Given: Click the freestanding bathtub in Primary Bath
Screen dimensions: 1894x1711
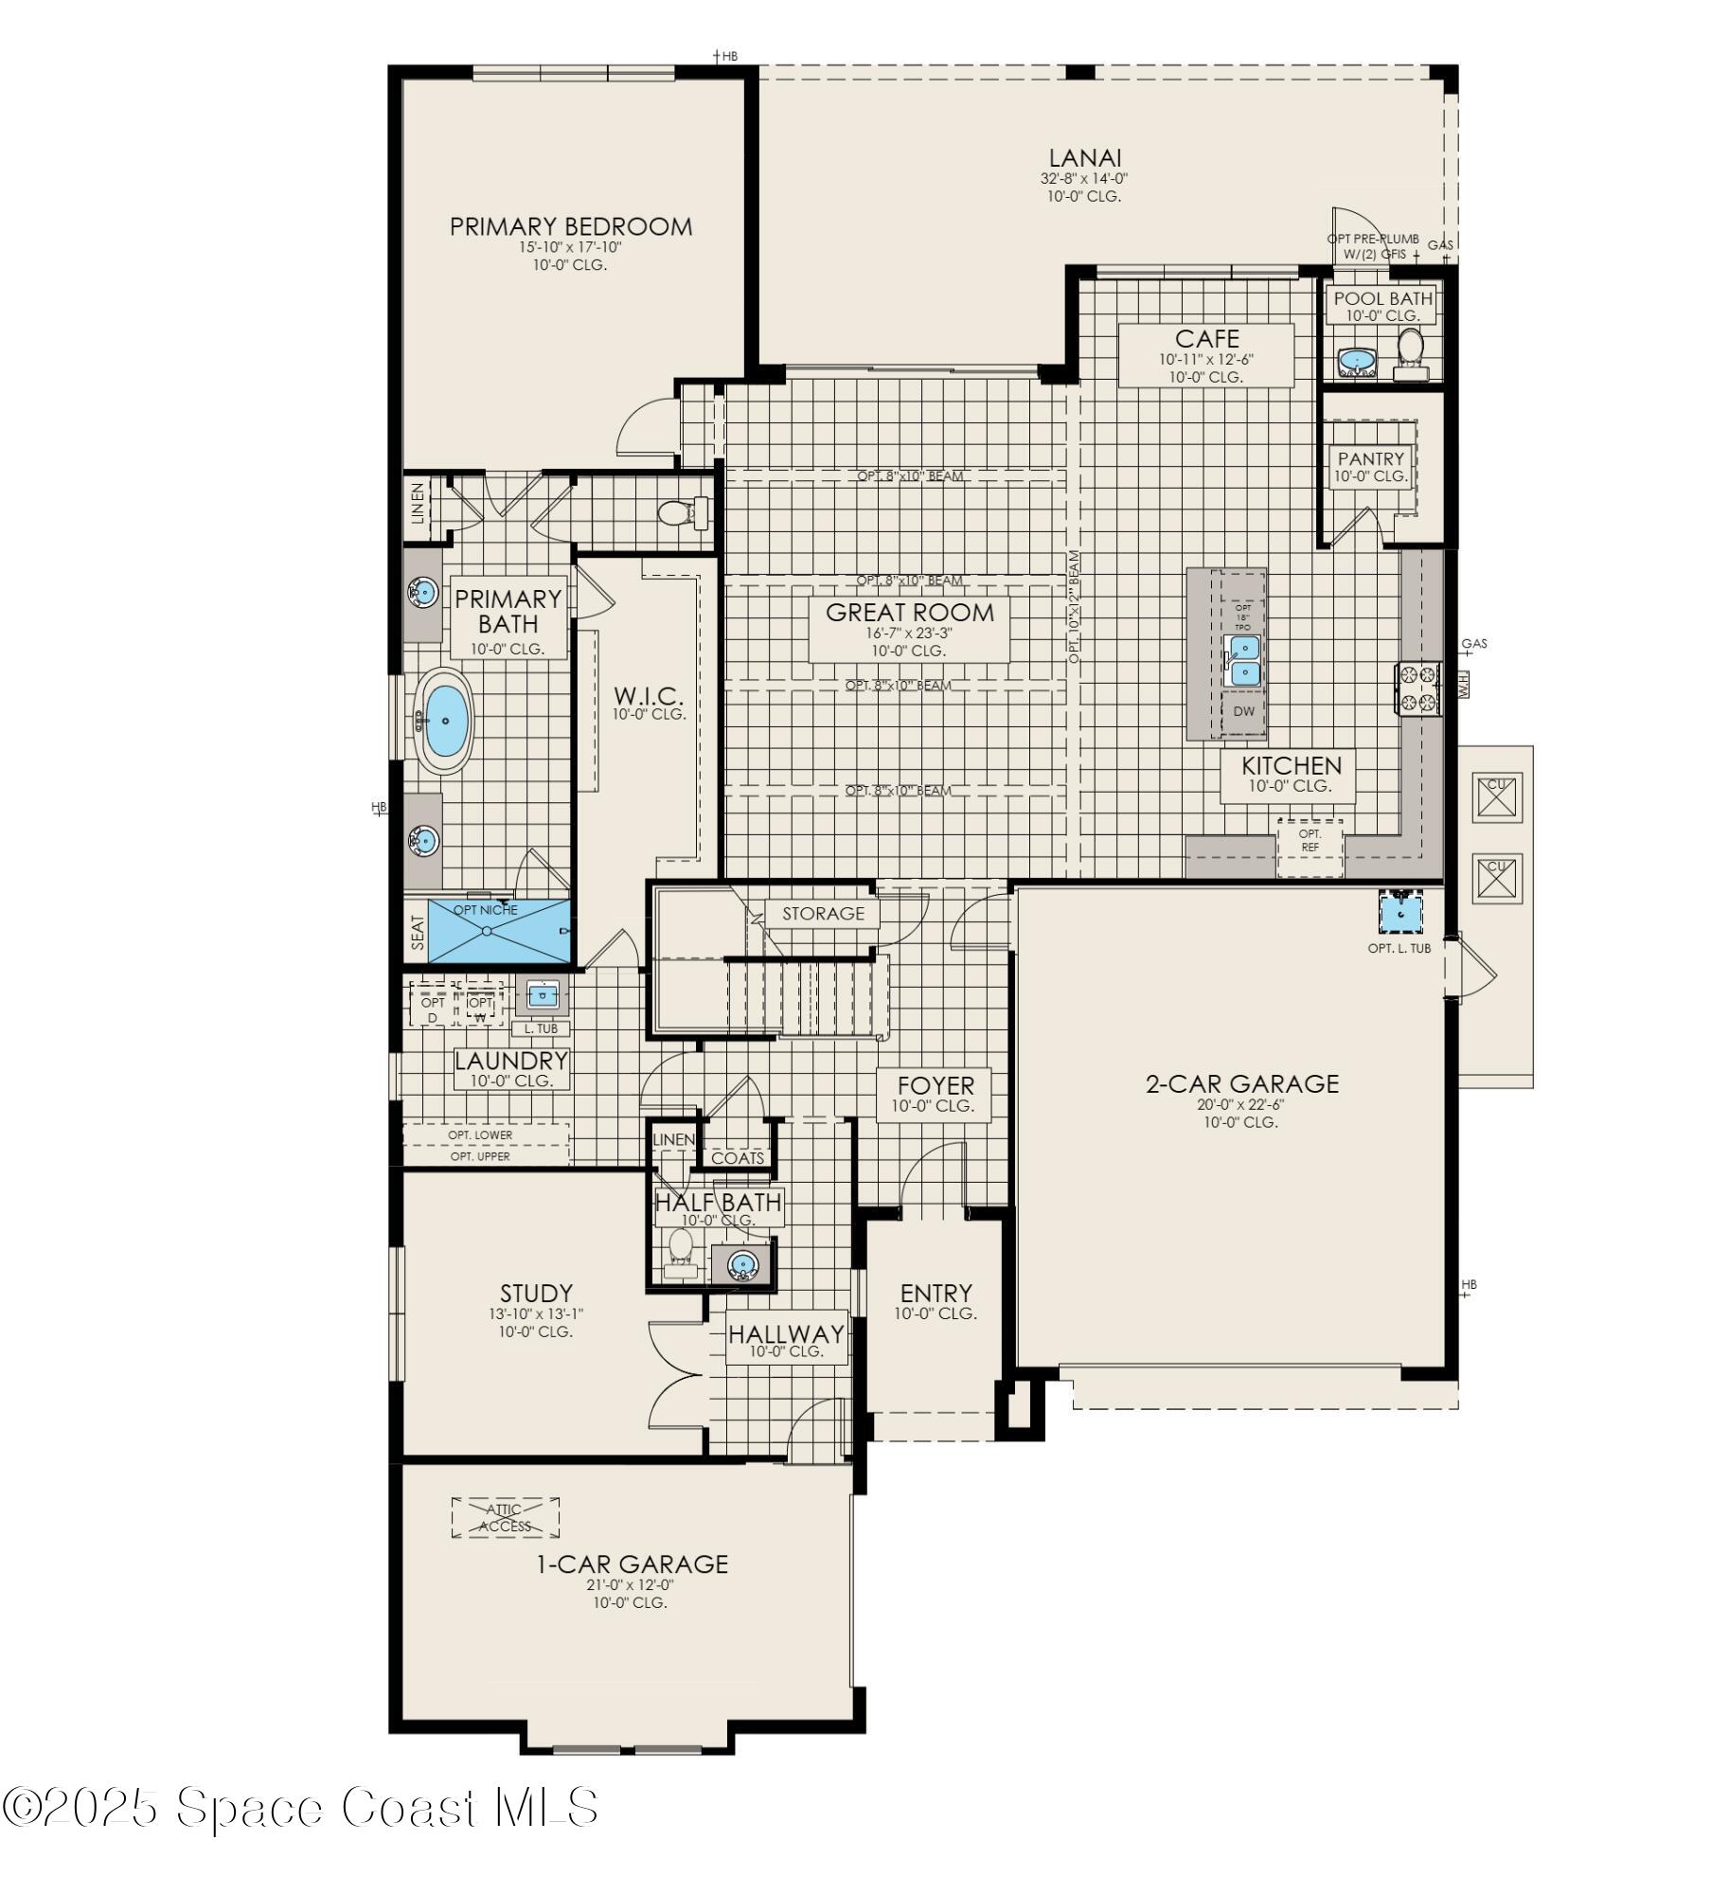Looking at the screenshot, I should (445, 722).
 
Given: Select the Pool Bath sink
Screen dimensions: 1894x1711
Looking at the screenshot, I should (1358, 361).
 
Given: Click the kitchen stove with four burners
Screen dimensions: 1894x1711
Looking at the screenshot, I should (1417, 688).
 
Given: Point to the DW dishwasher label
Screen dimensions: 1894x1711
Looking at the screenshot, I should (1243, 711).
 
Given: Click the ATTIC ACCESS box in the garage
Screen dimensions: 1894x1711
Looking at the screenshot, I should (505, 1517).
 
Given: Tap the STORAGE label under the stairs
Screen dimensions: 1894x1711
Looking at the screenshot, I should (823, 913).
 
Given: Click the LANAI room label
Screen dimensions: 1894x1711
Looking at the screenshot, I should (1085, 158).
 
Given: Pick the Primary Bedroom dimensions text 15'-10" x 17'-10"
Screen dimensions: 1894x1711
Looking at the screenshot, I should (569, 247).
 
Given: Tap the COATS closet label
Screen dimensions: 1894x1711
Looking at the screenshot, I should (738, 1158).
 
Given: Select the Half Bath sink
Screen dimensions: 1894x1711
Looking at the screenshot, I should (742, 1264).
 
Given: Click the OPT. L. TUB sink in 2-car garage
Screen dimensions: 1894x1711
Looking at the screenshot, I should (1399, 914).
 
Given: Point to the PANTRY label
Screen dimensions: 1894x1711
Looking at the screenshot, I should (1370, 458).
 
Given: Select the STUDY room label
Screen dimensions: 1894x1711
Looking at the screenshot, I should (536, 1293).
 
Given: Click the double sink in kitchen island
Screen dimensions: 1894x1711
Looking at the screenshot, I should (1242, 660).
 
